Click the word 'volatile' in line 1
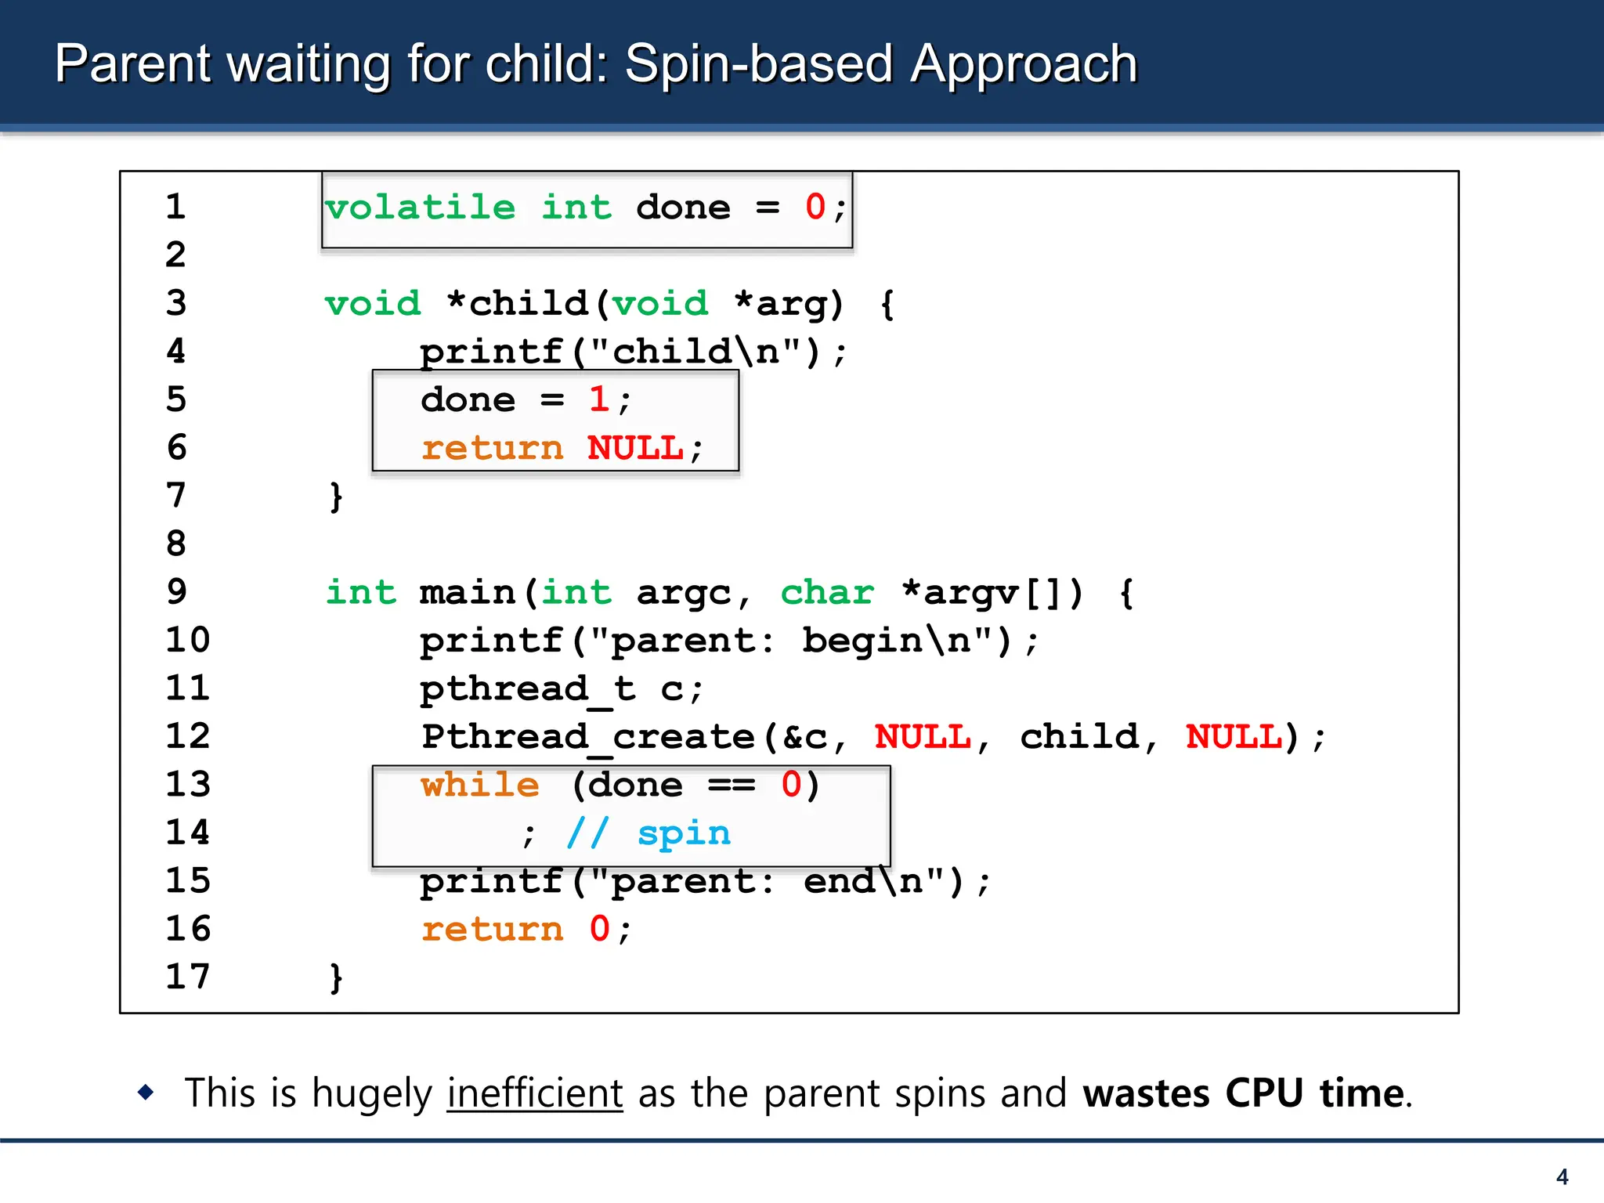click(421, 208)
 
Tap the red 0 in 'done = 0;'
click(815, 208)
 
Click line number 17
click(188, 977)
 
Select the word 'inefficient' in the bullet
click(535, 1093)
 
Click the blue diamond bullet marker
click(146, 1092)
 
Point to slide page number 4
click(1562, 1176)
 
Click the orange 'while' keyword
click(480, 785)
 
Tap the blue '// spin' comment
click(648, 833)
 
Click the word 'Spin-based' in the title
click(759, 63)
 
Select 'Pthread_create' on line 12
click(588, 737)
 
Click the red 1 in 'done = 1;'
click(599, 400)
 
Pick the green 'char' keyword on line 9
click(827, 593)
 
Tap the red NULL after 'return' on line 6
click(636, 449)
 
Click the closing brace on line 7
click(336, 497)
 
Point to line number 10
click(188, 641)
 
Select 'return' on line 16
click(493, 930)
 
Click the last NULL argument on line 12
click(1234, 737)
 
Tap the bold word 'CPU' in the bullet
click(1264, 1093)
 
